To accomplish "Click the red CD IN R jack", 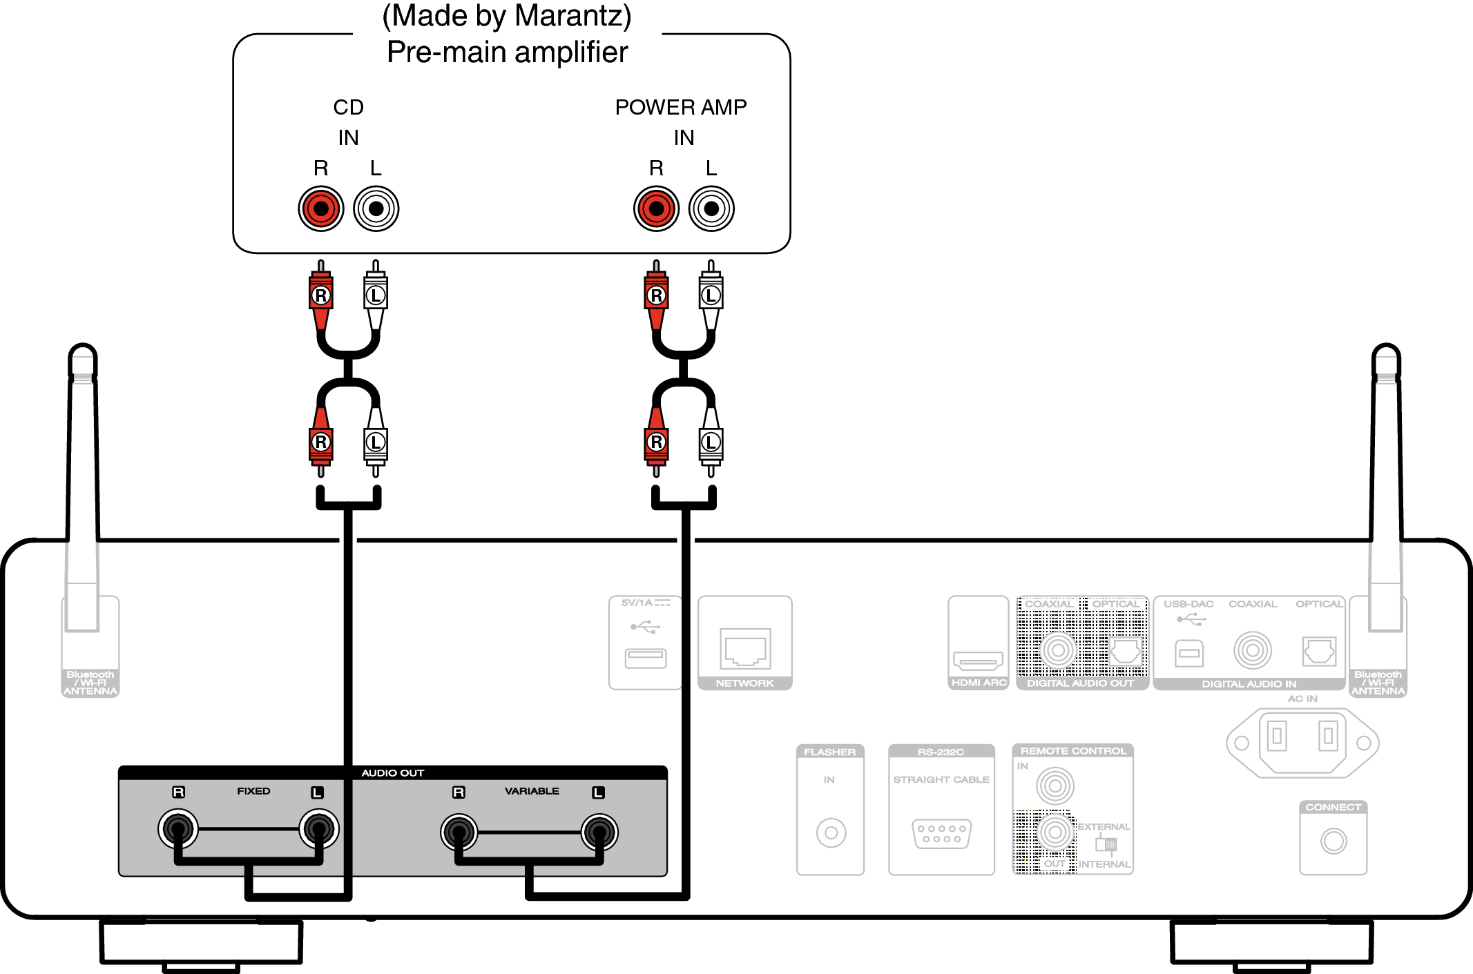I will (321, 208).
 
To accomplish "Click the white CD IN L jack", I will (376, 208).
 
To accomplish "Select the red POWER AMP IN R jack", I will (656, 208).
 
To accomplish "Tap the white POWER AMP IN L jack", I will (711, 208).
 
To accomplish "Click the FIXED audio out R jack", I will (178, 828).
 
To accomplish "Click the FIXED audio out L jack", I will (319, 828).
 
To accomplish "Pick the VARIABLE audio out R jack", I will (459, 832).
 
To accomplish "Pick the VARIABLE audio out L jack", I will (599, 832).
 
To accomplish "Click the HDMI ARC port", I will (978, 661).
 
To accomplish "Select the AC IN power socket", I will (1302, 742).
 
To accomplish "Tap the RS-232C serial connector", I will (941, 833).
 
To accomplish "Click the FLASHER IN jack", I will (831, 832).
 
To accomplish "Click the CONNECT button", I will (1334, 841).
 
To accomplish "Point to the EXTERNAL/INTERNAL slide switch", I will (1106, 844).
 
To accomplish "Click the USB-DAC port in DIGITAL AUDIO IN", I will (1189, 652).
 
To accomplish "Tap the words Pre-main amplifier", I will (507, 52).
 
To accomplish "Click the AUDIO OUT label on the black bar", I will (392, 773).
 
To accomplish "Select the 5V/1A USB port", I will (646, 658).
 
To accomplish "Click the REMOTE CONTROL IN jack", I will (1055, 785).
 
